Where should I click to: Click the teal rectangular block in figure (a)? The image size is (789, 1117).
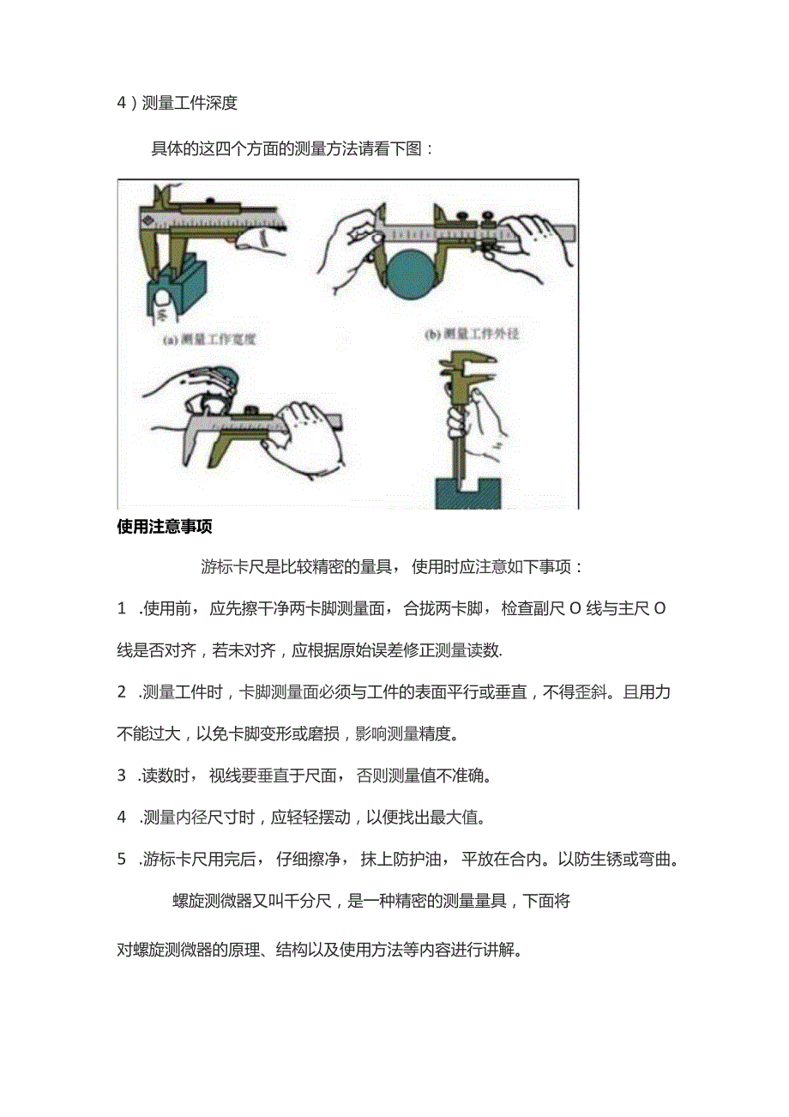click(x=187, y=292)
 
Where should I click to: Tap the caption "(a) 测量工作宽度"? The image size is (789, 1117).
click(x=210, y=339)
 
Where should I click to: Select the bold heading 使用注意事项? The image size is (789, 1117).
click(x=164, y=527)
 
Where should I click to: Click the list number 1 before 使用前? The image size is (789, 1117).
click(x=122, y=609)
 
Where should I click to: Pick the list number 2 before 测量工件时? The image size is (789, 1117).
click(x=122, y=692)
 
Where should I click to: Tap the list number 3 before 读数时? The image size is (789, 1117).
click(x=122, y=776)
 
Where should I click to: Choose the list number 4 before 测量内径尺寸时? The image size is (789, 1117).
click(x=122, y=817)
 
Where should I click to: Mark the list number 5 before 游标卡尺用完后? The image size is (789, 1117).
click(x=122, y=859)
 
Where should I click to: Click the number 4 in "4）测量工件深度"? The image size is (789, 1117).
click(x=122, y=104)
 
